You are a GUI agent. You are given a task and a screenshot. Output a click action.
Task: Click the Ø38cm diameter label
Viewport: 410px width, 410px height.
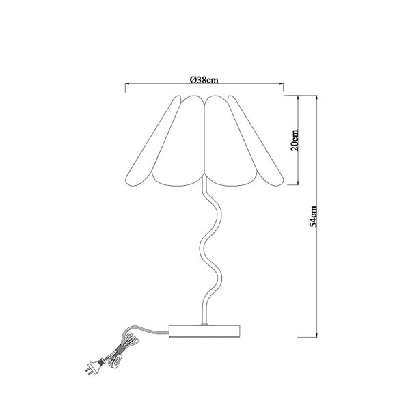tap(204, 80)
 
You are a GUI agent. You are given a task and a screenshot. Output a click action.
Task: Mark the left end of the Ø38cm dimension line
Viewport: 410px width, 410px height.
tap(124, 85)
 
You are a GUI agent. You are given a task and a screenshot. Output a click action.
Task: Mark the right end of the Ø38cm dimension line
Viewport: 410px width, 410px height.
tap(284, 85)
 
